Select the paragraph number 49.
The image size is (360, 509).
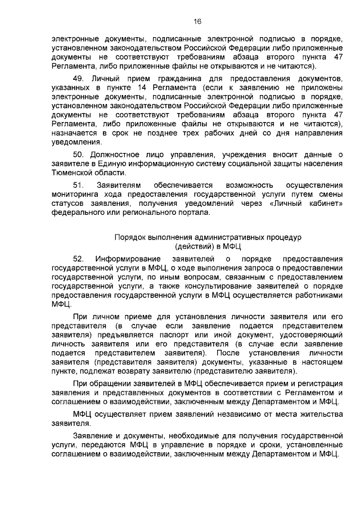click(x=80, y=77)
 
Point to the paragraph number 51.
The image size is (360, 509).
click(x=79, y=185)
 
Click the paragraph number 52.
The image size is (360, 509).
click(x=79, y=258)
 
